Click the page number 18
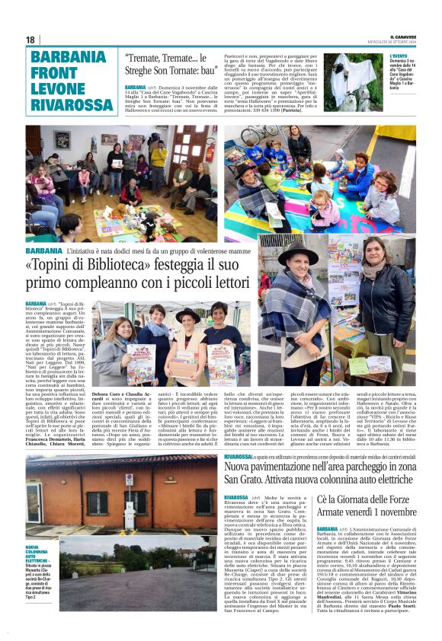[30, 40]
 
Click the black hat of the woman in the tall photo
[298, 254]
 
